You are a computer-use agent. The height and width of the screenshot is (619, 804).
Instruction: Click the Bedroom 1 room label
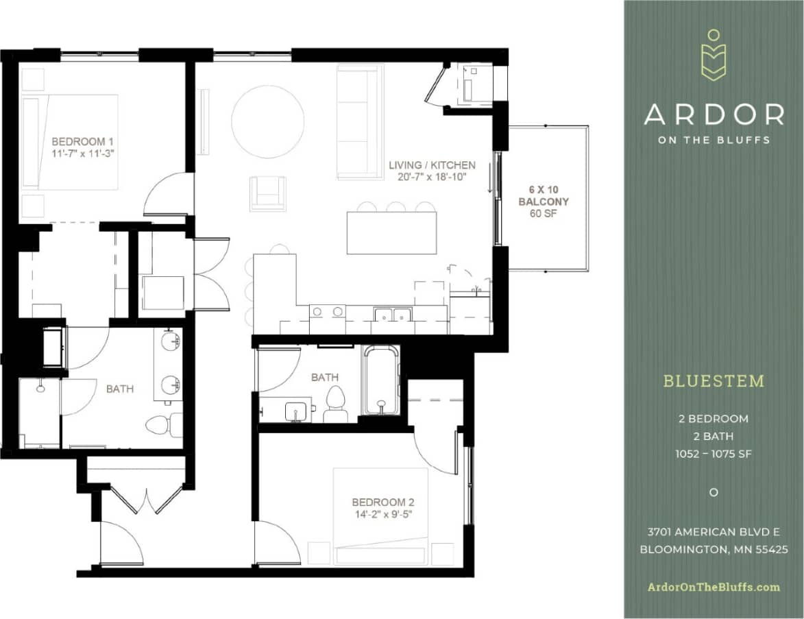tap(82, 142)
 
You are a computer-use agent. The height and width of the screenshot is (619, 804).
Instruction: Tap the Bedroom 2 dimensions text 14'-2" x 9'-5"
tap(382, 514)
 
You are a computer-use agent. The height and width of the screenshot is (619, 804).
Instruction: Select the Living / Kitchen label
tap(432, 165)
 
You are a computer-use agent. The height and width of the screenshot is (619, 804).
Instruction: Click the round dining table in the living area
tap(267, 121)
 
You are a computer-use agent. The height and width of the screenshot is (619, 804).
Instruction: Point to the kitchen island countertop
tap(391, 233)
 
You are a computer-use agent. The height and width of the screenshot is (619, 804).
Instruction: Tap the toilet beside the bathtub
tap(336, 404)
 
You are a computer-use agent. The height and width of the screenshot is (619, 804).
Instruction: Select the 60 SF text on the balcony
tap(544, 214)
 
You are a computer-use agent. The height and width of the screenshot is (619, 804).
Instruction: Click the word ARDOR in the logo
tap(714, 114)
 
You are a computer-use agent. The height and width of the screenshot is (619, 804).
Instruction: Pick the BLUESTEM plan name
tap(714, 381)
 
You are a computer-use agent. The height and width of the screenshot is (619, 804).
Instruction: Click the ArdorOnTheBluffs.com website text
tap(714, 587)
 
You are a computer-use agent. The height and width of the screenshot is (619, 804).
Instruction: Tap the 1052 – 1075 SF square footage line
tap(714, 454)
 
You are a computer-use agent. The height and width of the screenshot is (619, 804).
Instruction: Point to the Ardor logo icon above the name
tap(714, 55)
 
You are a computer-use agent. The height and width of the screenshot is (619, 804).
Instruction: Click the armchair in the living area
tap(267, 193)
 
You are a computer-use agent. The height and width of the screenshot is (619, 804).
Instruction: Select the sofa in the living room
tap(360, 121)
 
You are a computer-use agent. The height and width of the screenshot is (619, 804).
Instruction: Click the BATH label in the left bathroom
tap(120, 389)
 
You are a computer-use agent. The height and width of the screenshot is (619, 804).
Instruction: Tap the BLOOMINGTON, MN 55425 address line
tap(714, 549)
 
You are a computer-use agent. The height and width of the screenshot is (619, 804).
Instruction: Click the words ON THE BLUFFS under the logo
tap(714, 140)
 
